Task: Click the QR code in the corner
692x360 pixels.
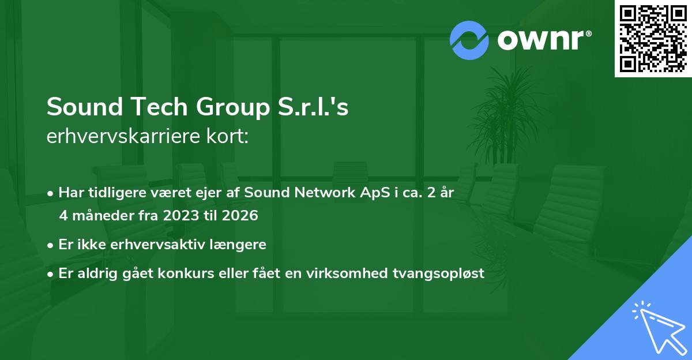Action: point(653,38)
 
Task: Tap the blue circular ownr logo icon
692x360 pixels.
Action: point(469,40)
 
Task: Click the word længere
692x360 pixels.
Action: point(242,245)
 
